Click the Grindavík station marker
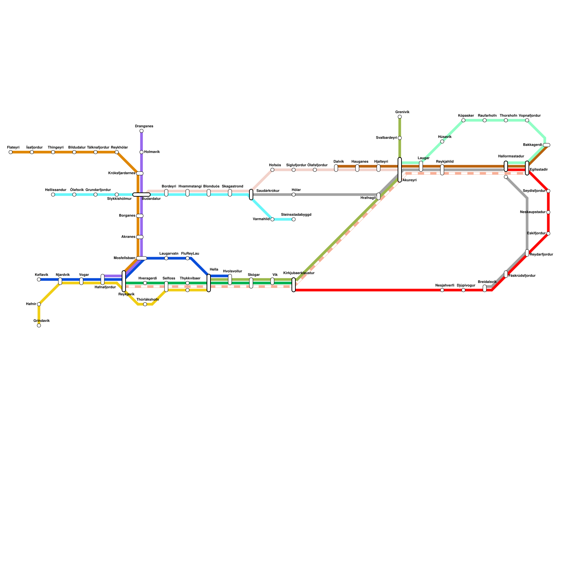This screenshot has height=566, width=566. pyautogui.click(x=39, y=325)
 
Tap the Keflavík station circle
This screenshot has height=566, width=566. pyautogui.click(x=39, y=279)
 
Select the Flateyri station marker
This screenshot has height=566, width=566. pyautogui.click(x=11, y=152)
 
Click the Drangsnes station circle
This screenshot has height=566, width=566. pyautogui.click(x=141, y=131)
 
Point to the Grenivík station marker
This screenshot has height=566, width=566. pyautogui.click(x=400, y=117)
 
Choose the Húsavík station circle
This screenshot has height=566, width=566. pyautogui.click(x=442, y=141)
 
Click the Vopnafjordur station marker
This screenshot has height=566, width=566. pyautogui.click(x=527, y=120)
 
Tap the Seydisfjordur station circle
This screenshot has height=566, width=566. pyautogui.click(x=548, y=191)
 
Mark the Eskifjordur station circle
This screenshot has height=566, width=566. pyautogui.click(x=548, y=233)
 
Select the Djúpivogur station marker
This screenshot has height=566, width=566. pyautogui.click(x=463, y=290)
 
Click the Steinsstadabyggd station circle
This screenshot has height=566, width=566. pyautogui.click(x=294, y=219)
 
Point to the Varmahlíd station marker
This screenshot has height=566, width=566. pyautogui.click(x=272, y=219)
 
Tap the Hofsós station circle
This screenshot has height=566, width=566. pyautogui.click(x=272, y=170)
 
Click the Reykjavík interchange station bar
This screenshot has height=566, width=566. pyautogui.click(x=124, y=281)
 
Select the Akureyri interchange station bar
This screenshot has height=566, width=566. pyautogui.click(x=400, y=170)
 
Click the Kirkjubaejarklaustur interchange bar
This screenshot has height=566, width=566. pyautogui.click(x=294, y=285)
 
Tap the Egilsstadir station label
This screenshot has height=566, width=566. pyautogui.click(x=539, y=170)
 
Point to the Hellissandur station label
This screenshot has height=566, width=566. pyautogui.click(x=56, y=190)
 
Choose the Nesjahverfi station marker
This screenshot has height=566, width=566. pyautogui.click(x=442, y=290)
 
